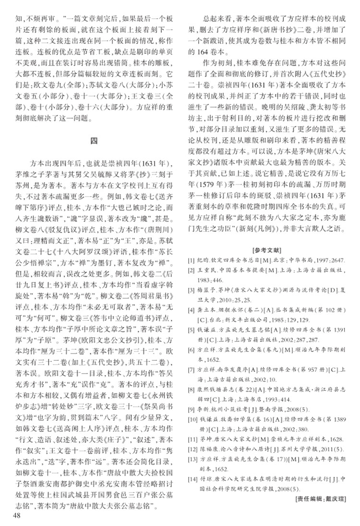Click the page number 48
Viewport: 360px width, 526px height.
17,516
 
